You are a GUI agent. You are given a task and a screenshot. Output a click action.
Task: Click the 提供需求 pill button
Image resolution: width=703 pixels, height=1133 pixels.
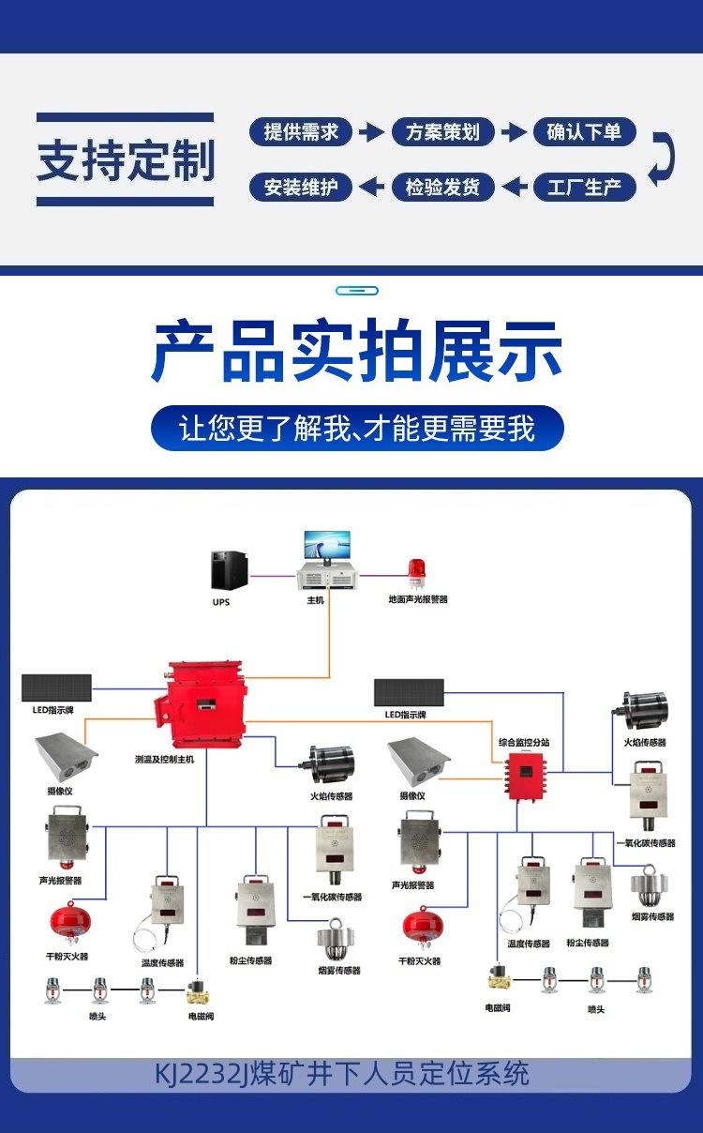pos(301,132)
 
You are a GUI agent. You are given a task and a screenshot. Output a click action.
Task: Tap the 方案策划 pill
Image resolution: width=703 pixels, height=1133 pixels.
pos(442,132)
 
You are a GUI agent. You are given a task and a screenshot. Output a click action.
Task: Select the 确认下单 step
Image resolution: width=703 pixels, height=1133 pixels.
pos(584,132)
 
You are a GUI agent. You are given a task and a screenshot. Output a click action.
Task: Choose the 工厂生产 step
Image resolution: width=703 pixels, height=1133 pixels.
pos(584,187)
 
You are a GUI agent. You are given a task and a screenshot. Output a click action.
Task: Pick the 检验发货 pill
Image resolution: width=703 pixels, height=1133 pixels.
pos(442,187)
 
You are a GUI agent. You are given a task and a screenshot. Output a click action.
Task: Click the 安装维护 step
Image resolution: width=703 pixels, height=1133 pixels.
pos(301,187)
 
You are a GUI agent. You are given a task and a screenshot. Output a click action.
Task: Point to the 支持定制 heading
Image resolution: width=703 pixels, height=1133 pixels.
pos(126,159)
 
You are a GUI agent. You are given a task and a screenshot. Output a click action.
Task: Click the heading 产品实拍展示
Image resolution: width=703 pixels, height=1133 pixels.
pos(356,352)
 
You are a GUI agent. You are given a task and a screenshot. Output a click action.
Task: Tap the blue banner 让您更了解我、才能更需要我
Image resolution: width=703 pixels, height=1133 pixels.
pos(356,429)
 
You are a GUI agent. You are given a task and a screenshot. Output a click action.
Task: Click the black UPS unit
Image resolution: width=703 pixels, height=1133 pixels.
pos(228,570)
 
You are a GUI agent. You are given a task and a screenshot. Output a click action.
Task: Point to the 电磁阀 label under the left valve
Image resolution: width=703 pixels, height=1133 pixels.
pos(201,1016)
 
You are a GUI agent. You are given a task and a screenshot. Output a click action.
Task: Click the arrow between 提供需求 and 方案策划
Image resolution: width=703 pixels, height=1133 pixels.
pos(372,132)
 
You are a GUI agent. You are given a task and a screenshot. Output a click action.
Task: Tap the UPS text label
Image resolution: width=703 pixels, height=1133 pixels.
pos(220,602)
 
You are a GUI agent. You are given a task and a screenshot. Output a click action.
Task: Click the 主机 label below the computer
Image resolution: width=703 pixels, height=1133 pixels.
pos(315,600)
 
